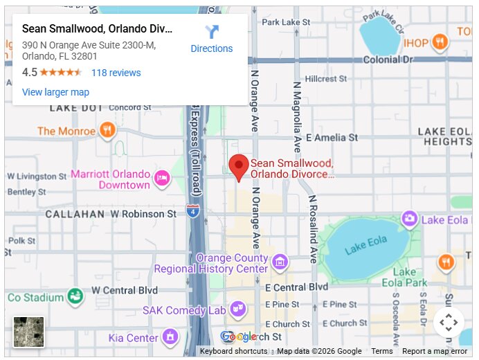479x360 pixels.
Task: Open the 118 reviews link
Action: [x=116, y=73]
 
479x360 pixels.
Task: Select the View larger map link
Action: [x=55, y=92]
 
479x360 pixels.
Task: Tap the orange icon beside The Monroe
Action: [x=107, y=131]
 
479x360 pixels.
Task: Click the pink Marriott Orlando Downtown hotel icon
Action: [x=162, y=179]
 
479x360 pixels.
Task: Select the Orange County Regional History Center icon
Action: [x=280, y=261]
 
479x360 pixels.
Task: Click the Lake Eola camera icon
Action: [x=410, y=219]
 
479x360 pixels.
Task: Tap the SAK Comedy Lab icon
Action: [x=237, y=309]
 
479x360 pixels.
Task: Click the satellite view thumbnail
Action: [x=28, y=332]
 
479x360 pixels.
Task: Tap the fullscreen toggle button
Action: [x=449, y=323]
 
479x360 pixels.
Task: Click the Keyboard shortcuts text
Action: [x=233, y=351]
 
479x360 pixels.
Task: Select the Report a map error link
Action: [x=435, y=351]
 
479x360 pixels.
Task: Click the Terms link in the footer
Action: [x=381, y=351]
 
